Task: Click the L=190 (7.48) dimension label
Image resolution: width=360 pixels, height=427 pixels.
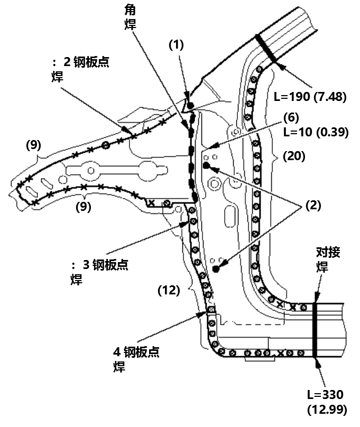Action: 310,96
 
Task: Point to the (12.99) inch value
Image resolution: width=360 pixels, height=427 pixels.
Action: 327,409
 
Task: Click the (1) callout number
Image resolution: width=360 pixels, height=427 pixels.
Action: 176,45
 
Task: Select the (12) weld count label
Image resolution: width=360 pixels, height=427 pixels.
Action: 169,290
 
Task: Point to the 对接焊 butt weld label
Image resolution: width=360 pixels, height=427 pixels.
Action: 324,259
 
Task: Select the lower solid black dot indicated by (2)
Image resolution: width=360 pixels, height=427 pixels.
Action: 216,270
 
